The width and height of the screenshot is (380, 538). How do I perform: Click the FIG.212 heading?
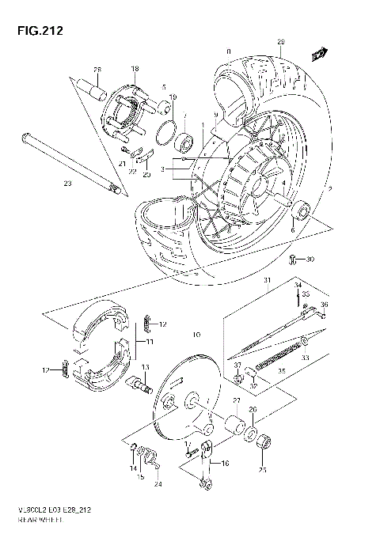(x=35, y=32)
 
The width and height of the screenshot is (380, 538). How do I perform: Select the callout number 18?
(x=135, y=70)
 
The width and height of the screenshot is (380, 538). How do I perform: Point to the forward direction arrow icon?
(x=320, y=54)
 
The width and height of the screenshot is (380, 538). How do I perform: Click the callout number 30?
(x=310, y=259)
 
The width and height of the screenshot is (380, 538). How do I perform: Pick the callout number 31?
(x=268, y=281)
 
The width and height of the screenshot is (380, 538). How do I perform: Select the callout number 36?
(x=324, y=305)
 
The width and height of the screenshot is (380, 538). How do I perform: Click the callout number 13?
(x=146, y=367)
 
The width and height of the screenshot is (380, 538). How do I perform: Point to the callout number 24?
(x=158, y=484)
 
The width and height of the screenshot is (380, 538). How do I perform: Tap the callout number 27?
(x=236, y=402)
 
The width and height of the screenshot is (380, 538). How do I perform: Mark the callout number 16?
(x=224, y=464)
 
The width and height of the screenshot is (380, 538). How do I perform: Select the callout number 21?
(x=123, y=164)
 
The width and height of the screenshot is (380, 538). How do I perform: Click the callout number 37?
(x=236, y=364)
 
